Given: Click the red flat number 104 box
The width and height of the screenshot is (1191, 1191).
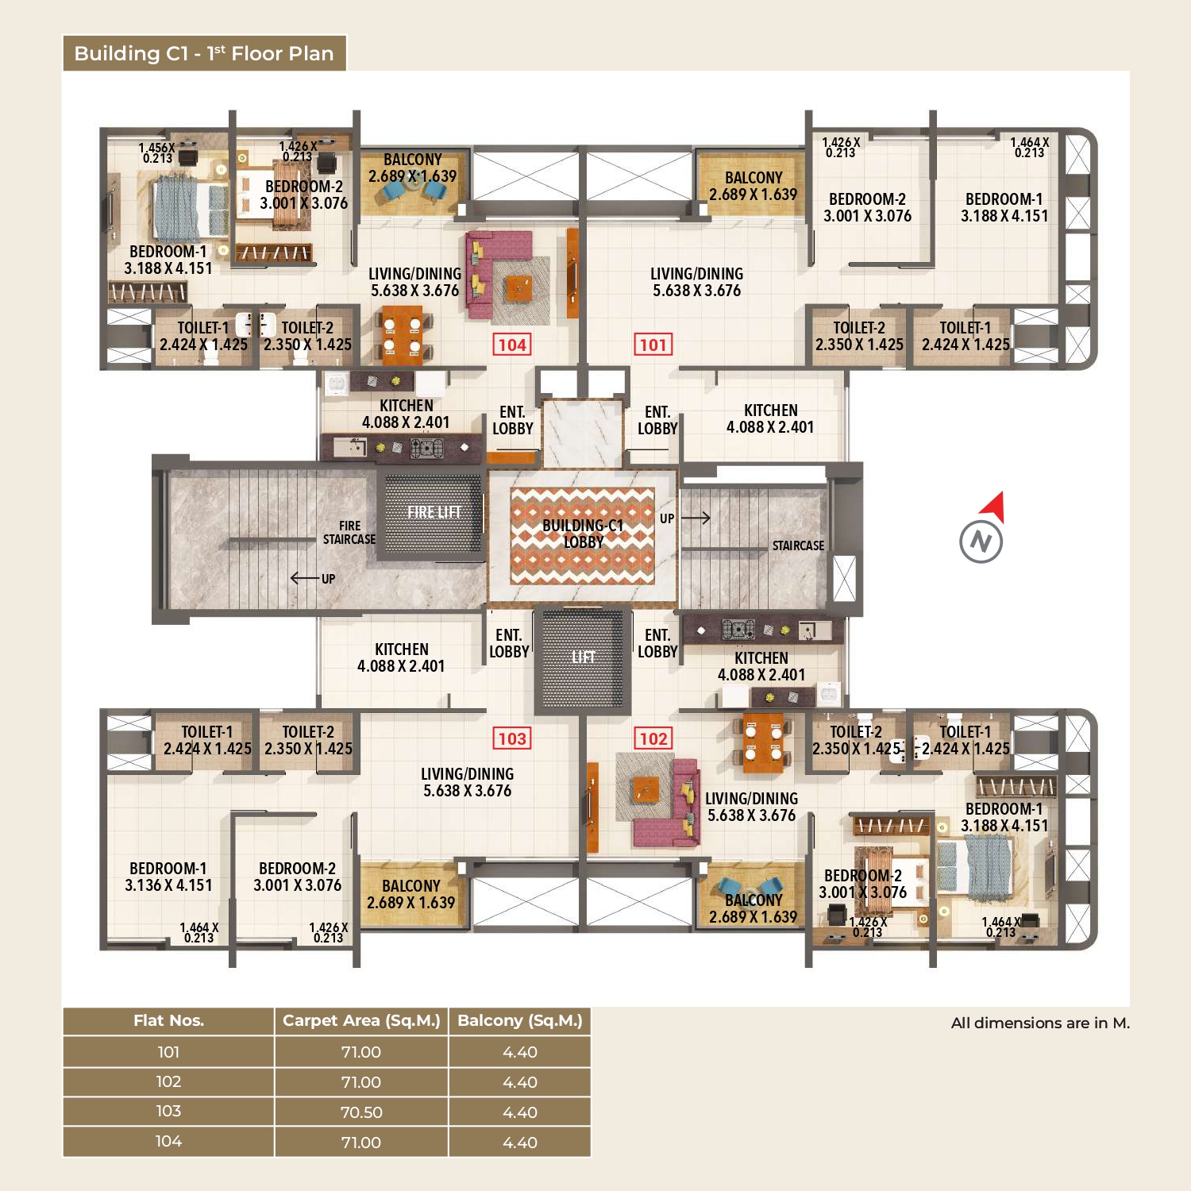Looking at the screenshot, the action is pyautogui.click(x=512, y=345).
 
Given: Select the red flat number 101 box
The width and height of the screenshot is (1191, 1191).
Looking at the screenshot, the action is pyautogui.click(x=653, y=345).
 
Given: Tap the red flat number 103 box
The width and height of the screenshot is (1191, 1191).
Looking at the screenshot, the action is pyautogui.click(x=512, y=738).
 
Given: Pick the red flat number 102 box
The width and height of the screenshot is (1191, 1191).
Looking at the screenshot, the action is pyautogui.click(x=653, y=738).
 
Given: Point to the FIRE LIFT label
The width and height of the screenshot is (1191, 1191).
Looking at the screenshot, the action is pyautogui.click(x=434, y=512).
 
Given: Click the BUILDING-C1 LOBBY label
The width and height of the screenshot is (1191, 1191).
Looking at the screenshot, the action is pyautogui.click(x=583, y=534).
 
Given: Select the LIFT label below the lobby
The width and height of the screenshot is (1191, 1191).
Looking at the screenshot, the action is pyautogui.click(x=583, y=657).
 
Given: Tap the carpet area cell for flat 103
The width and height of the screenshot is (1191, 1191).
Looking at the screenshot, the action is pyautogui.click(x=361, y=1112).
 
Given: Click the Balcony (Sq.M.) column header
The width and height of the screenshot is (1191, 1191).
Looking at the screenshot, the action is pyautogui.click(x=520, y=1021).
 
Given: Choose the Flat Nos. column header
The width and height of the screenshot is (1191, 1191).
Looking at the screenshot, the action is pyautogui.click(x=168, y=1021).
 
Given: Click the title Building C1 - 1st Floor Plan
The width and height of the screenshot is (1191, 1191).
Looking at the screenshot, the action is pyautogui.click(x=204, y=53).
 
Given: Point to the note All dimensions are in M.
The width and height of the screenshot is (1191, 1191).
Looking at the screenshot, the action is pyautogui.click(x=1040, y=1023).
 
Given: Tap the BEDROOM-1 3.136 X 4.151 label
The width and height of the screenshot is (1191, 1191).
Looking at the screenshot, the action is pyautogui.click(x=168, y=877).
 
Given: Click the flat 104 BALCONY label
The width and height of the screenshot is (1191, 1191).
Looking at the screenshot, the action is pyautogui.click(x=412, y=168).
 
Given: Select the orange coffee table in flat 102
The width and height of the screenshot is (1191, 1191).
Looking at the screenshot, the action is pyautogui.click(x=645, y=790).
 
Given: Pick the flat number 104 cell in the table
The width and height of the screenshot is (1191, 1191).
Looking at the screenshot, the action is pyautogui.click(x=168, y=1142).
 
